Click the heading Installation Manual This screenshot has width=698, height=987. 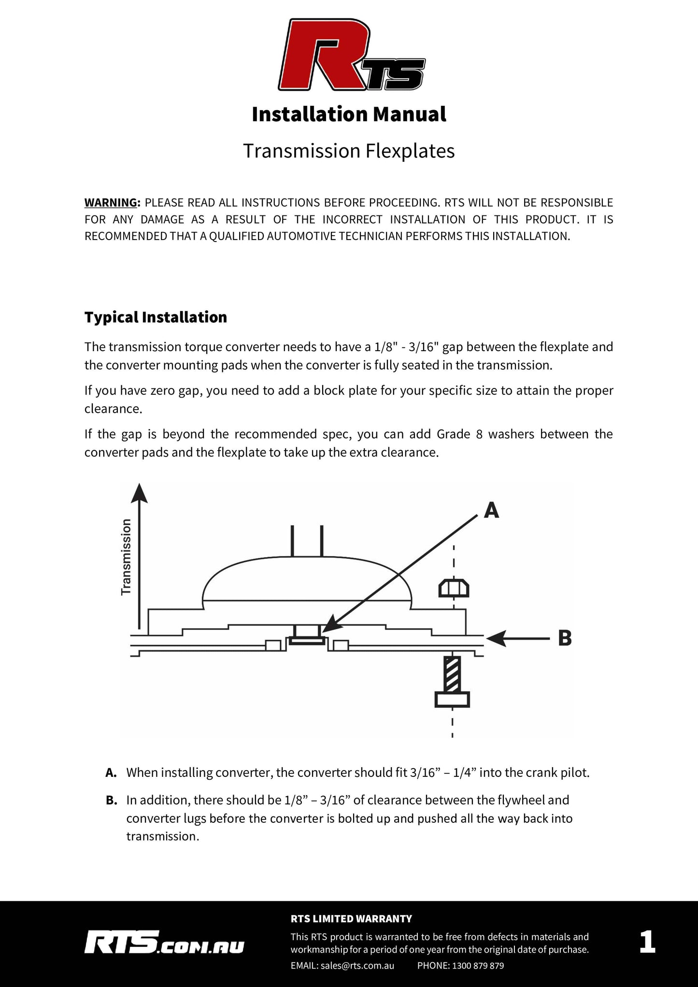pyautogui.click(x=349, y=114)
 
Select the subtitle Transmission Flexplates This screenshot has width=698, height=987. pyautogui.click(x=349, y=151)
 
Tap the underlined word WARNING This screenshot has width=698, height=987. pyautogui.click(x=111, y=202)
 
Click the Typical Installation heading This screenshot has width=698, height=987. pyautogui.click(x=156, y=317)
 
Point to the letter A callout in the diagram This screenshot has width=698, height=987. pyautogui.click(x=491, y=510)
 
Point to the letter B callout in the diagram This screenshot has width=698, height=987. pyautogui.click(x=565, y=638)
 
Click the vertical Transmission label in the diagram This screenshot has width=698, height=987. pyautogui.click(x=126, y=557)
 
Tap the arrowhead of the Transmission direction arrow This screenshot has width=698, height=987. pyautogui.click(x=140, y=493)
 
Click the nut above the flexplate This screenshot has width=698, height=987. pyautogui.click(x=454, y=588)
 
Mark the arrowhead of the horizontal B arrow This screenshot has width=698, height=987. pyautogui.click(x=496, y=638)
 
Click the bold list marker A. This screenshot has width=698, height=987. pyautogui.click(x=111, y=773)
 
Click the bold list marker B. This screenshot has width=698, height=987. pyautogui.click(x=111, y=801)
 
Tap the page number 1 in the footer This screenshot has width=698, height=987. pyautogui.click(x=647, y=942)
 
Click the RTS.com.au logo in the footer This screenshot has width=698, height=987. pyautogui.click(x=164, y=942)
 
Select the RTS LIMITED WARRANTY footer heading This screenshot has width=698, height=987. pyautogui.click(x=351, y=918)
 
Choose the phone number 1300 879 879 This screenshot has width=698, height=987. pyautogui.click(x=478, y=965)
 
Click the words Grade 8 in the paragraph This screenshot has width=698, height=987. pyautogui.click(x=459, y=434)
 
